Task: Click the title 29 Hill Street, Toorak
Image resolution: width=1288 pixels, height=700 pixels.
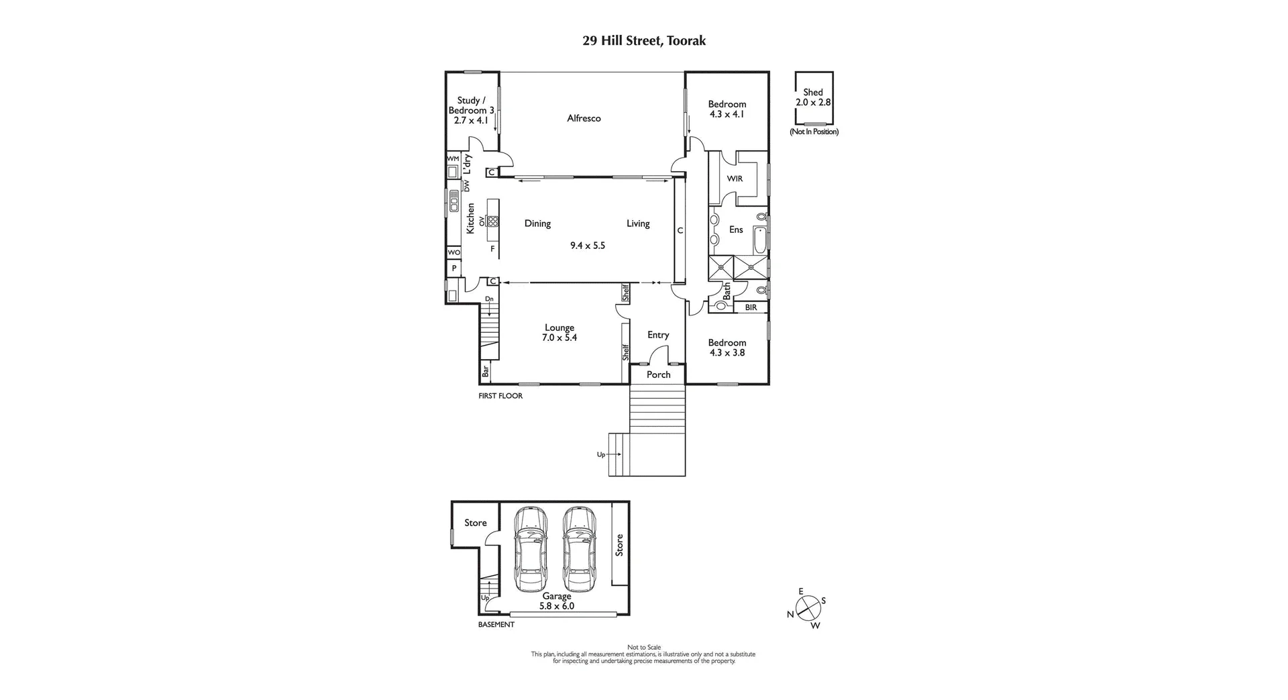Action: pos(643,41)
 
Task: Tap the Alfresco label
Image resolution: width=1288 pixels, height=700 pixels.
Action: pos(584,118)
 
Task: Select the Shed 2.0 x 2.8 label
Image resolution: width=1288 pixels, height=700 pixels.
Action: pos(813,97)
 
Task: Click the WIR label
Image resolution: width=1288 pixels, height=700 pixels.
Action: pos(735,179)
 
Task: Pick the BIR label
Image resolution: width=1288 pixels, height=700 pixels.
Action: pos(751,307)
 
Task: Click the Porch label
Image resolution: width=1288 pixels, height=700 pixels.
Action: pos(658,374)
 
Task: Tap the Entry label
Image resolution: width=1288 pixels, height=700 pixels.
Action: pos(658,335)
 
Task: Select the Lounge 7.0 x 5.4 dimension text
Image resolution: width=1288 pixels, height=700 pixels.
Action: pos(559,338)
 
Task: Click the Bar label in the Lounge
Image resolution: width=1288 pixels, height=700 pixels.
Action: pos(485,370)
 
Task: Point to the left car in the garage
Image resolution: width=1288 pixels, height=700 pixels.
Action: pos(531,548)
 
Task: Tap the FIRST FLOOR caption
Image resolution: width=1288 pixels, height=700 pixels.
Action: pos(500,396)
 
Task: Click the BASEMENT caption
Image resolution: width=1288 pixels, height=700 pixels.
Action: pos(496,625)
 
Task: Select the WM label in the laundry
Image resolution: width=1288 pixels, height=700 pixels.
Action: pos(453,158)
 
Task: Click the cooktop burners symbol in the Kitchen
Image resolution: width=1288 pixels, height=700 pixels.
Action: pos(494,220)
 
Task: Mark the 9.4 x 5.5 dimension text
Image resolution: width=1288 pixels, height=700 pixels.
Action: pos(588,246)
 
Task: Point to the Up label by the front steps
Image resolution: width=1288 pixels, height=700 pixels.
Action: pos(601,454)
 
